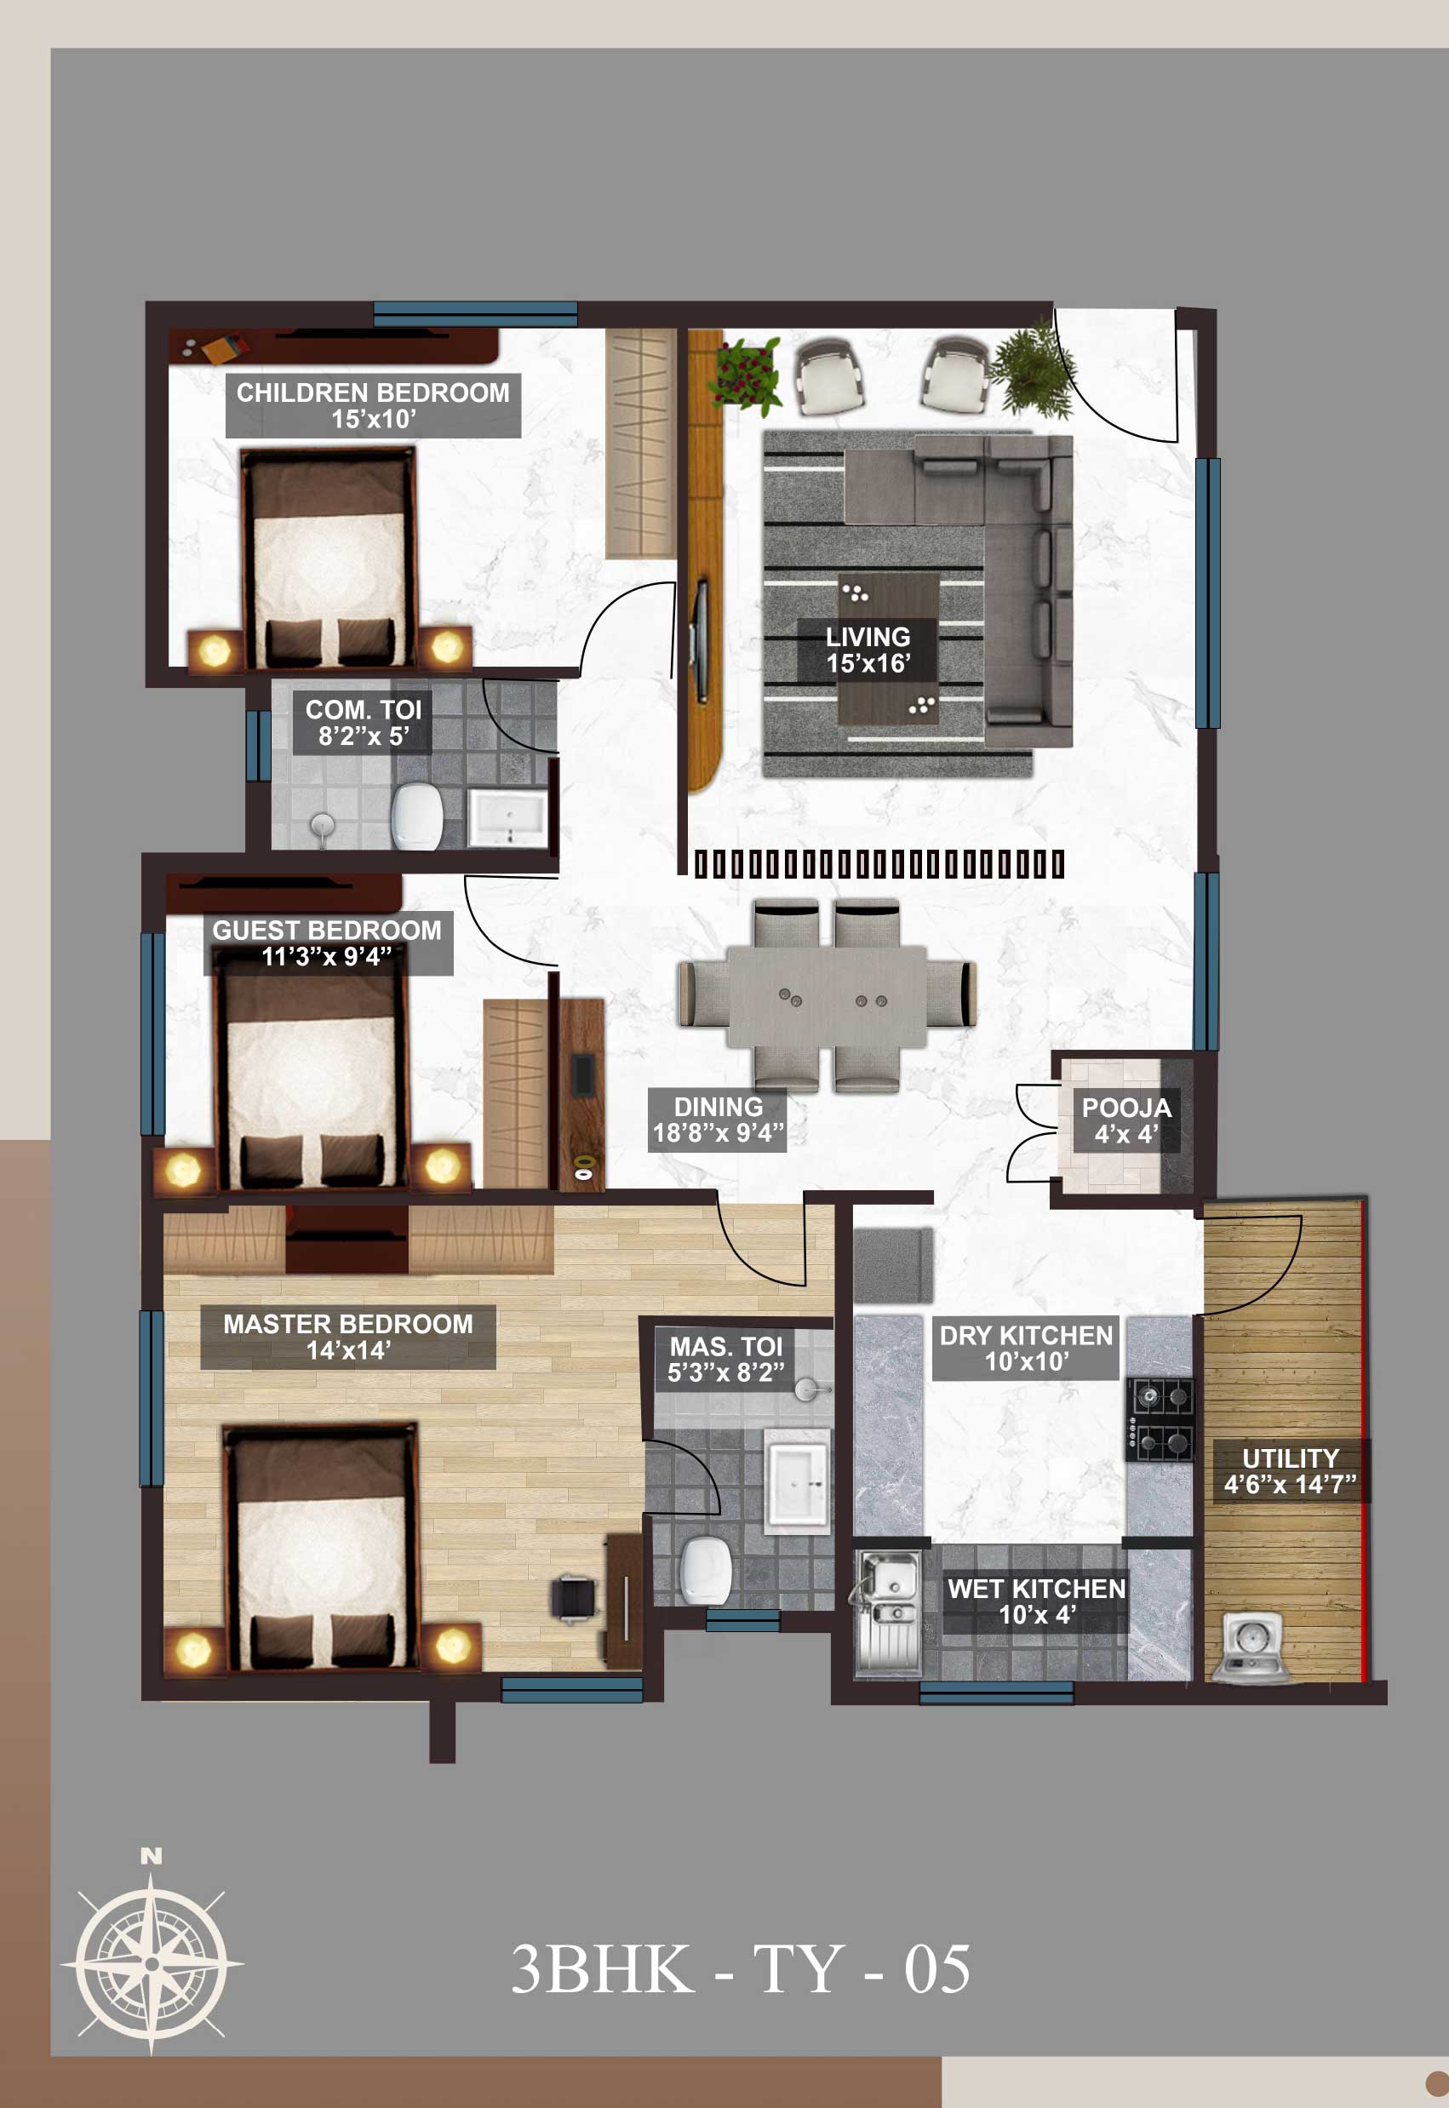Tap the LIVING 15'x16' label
[867, 650]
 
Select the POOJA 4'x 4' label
[1125, 1120]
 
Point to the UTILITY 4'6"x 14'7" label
[1290, 1470]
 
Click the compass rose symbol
[152, 1963]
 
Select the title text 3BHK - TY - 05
[740, 1969]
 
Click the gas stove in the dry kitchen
[1160, 1419]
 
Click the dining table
[826, 996]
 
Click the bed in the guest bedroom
[311, 1075]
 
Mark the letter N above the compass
[152, 1857]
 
